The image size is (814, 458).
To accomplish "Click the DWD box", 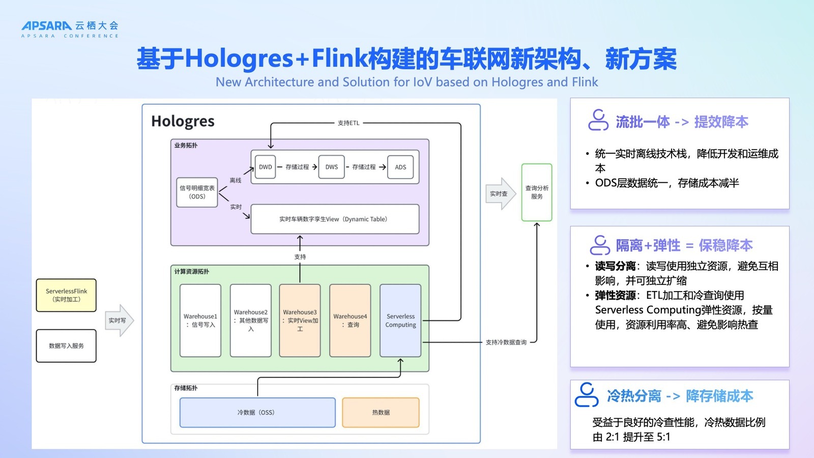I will click(x=265, y=167).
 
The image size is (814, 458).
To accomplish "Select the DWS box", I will click(x=331, y=167).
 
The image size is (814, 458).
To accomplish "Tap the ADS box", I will click(x=400, y=167).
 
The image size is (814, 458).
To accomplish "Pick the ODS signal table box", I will click(x=197, y=192).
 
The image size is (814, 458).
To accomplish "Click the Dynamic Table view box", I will click(x=335, y=219).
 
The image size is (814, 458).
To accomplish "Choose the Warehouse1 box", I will click(x=200, y=321).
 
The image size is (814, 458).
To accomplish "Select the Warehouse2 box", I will click(x=250, y=321).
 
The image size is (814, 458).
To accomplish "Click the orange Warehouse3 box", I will click(x=300, y=321).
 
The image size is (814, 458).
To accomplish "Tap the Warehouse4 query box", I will click(x=350, y=321).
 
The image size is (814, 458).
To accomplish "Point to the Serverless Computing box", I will click(x=400, y=321).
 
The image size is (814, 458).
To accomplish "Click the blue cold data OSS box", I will click(x=257, y=413).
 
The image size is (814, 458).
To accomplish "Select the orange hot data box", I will click(x=381, y=413).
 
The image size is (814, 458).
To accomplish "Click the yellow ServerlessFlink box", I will click(x=66, y=295).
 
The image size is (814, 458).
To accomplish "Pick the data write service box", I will click(x=66, y=346).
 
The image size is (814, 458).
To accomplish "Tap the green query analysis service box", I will click(x=537, y=192).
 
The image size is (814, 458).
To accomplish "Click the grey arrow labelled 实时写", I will click(x=119, y=321).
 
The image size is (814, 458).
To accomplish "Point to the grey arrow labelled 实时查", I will click(x=500, y=194).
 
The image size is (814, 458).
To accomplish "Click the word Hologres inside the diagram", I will click(x=183, y=122).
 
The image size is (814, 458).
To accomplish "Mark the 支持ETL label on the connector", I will click(x=348, y=123).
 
